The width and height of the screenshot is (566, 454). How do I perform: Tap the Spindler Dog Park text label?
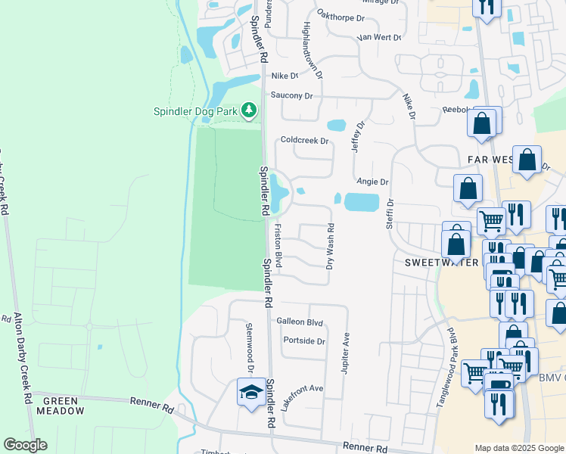click(196, 111)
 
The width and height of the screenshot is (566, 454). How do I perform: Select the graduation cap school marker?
click(250, 392)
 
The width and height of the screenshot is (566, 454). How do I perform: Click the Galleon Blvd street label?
click(300, 322)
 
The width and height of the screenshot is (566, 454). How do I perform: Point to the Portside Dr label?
click(303, 340)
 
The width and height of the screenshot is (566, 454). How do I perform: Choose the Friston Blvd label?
click(278, 246)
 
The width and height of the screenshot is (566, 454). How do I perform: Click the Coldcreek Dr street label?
click(305, 140)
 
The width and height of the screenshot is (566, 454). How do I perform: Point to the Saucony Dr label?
click(291, 95)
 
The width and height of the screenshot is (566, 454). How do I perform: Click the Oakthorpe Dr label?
click(341, 15)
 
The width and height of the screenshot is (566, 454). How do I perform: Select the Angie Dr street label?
click(372, 182)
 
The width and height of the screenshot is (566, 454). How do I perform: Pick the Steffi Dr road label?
click(390, 213)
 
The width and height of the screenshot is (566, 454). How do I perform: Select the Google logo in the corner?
click(25, 445)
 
